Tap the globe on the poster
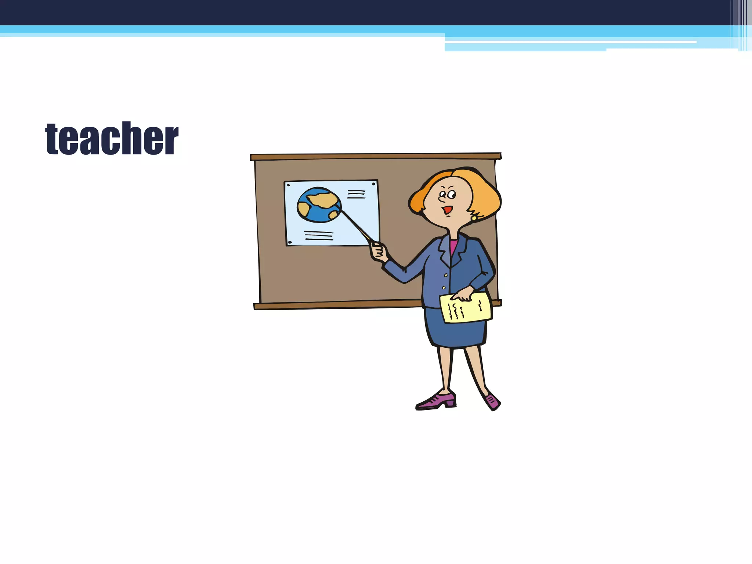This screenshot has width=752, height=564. point(319,205)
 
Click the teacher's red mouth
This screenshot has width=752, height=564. point(447,210)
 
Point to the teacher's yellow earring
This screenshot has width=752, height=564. point(474,218)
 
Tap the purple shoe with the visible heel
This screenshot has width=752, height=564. point(437,401)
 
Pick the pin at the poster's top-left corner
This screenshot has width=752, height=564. point(289,185)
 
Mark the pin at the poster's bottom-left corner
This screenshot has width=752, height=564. point(290,242)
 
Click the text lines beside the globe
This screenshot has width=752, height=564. point(356,194)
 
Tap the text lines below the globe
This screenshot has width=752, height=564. point(319,235)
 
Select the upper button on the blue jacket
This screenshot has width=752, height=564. point(446,275)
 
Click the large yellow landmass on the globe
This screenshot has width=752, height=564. point(323,199)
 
